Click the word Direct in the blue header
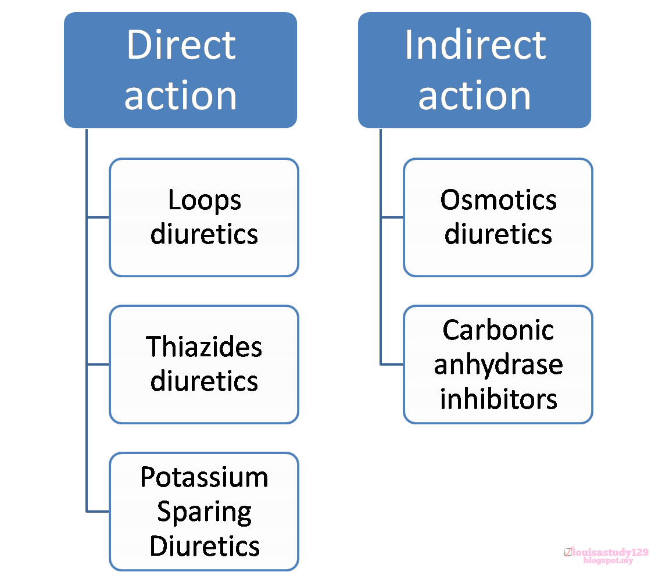tap(181, 45)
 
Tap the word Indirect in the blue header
tap(475, 45)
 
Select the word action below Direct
tap(181, 96)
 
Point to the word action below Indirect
tap(475, 96)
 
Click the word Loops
tap(204, 201)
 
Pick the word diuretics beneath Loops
tap(204, 234)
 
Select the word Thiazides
tap(204, 347)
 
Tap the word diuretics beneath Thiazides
tap(204, 381)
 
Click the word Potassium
tap(204, 477)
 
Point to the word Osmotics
tap(498, 200)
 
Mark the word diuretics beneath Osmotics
tap(498, 234)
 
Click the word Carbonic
tap(498, 330)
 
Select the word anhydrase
tap(498, 365)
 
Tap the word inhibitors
tap(498, 399)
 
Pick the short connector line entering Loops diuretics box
tap(98, 217)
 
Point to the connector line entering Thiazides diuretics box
tap(98, 364)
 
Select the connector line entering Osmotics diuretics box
tap(392, 217)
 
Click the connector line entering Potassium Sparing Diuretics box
tap(98, 512)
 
